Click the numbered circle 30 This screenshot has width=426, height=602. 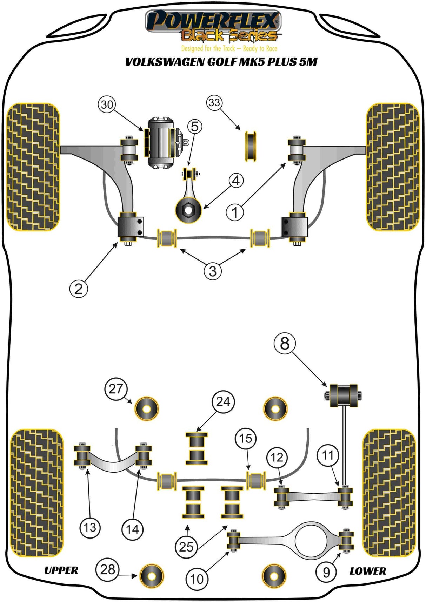[107, 104]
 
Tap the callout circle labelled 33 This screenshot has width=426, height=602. [214, 103]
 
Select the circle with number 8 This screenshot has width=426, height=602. [285, 343]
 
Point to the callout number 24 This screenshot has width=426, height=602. [223, 402]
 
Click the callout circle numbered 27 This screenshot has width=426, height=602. [116, 389]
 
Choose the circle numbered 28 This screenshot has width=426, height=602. [107, 569]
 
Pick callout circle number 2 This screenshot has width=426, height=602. [79, 289]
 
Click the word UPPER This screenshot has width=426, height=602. [61, 570]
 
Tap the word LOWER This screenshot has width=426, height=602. [367, 571]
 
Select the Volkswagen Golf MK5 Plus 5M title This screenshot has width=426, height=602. [221, 62]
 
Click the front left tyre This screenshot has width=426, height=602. [33, 167]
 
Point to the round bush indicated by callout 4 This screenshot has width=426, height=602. [188, 210]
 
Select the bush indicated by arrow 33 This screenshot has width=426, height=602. [250, 146]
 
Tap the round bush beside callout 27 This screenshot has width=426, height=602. [147, 409]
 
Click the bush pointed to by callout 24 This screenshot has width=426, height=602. [197, 449]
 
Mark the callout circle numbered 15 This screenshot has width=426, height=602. [246, 438]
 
